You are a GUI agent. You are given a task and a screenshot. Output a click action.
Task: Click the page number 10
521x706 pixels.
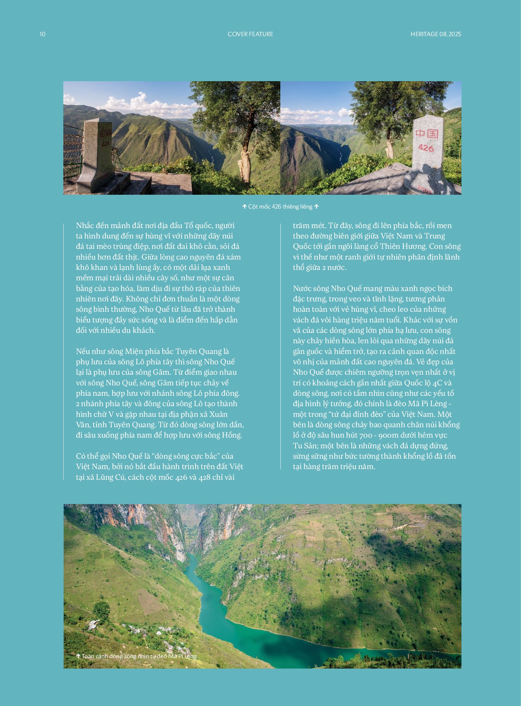(x=43, y=34)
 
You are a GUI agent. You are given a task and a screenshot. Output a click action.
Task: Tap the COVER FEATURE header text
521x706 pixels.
(x=250, y=34)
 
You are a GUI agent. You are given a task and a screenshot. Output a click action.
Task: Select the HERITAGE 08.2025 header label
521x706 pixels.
(x=436, y=34)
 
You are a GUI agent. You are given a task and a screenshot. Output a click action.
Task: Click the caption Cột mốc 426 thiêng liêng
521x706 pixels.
(x=280, y=207)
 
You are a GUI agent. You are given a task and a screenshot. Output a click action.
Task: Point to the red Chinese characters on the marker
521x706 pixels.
(x=427, y=134)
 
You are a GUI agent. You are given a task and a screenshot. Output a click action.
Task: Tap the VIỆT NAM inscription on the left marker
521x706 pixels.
(x=105, y=133)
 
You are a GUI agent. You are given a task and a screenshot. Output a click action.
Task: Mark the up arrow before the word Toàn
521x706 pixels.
(x=78, y=656)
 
